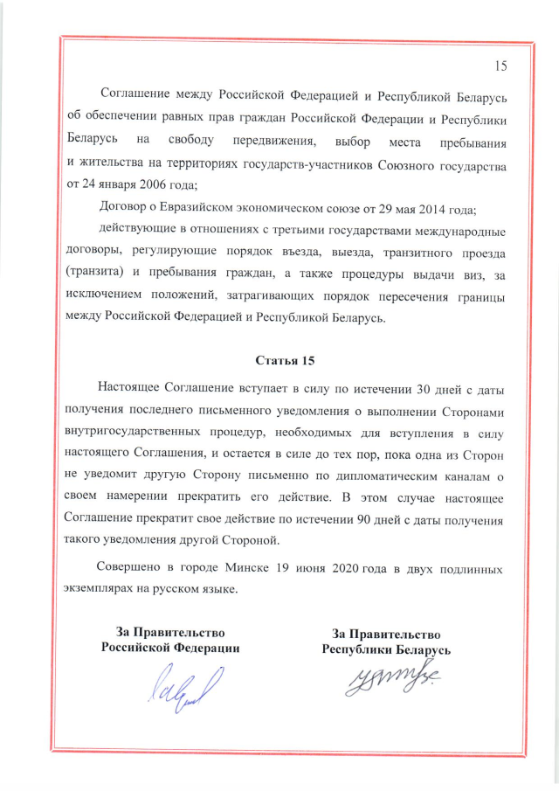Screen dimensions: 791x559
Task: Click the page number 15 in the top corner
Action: (x=500, y=66)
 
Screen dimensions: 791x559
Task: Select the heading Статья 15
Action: (x=284, y=360)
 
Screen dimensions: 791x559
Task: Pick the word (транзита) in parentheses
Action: (x=96, y=275)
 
